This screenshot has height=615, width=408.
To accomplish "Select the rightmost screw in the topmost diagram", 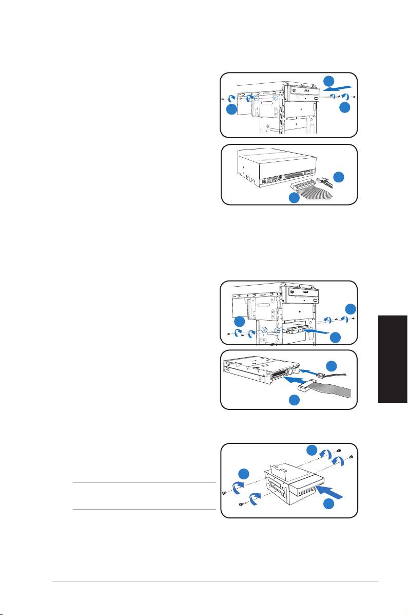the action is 355,96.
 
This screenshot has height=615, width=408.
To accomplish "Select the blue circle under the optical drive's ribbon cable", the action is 294,198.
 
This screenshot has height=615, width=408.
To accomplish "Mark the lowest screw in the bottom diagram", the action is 242,505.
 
